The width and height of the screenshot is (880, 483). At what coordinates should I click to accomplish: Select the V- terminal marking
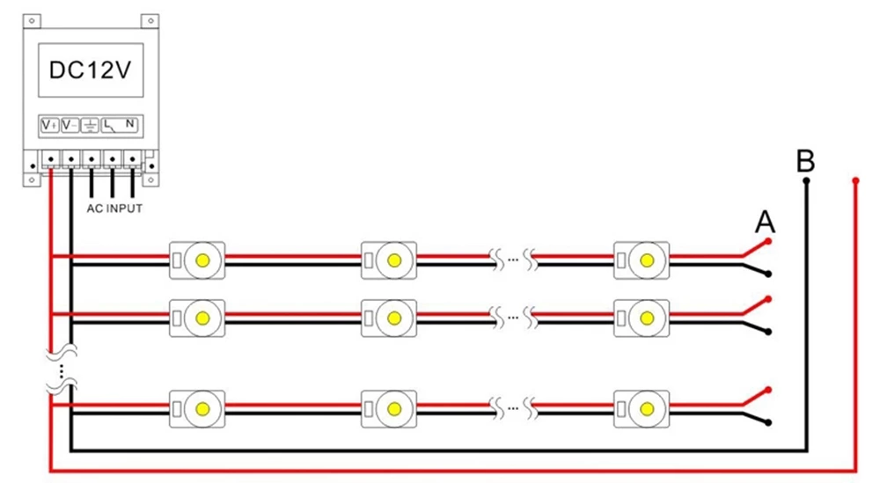tap(70, 125)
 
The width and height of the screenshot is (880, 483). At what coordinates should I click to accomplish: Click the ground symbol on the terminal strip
tap(90, 125)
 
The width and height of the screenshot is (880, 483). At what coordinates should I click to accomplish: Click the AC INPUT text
tap(114, 209)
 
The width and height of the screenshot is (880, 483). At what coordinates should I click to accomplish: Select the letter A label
tap(765, 223)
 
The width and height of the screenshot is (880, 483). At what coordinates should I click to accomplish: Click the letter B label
tap(804, 162)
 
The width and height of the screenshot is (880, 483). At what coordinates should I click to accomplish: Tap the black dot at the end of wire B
tap(804, 182)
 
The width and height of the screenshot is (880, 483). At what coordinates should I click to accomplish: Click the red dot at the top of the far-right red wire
tap(856, 181)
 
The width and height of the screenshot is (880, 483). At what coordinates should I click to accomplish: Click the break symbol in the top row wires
tap(513, 260)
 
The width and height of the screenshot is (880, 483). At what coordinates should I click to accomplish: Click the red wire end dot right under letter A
tap(768, 241)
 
